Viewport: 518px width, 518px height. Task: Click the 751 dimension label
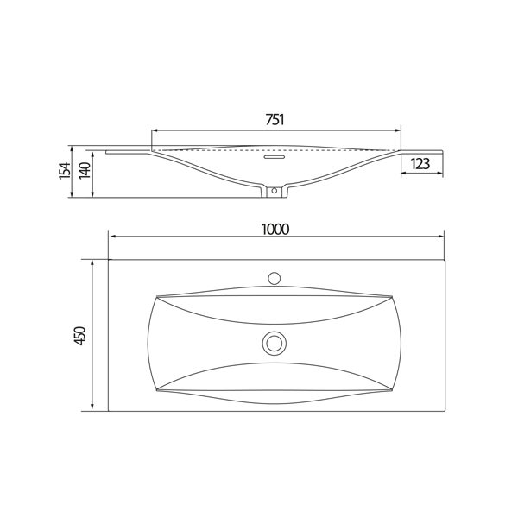pos(275,120)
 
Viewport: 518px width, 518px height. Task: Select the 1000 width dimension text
pos(275,230)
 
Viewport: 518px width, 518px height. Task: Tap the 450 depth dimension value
pos(80,336)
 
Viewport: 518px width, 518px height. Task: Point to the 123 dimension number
pos(420,164)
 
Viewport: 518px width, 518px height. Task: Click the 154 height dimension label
pos(65,171)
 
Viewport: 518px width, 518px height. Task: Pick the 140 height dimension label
pos(85,170)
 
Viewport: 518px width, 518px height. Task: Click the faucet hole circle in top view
pos(274,278)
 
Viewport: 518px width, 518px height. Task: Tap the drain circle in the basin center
pos(274,344)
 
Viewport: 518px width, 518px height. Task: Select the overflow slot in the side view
pos(274,156)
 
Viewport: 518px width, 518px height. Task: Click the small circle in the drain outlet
pos(274,191)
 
